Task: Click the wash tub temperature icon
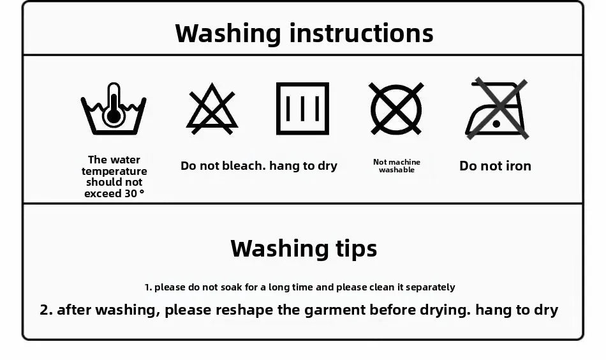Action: pyautogui.click(x=114, y=116)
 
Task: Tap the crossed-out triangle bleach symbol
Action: pyautogui.click(x=212, y=116)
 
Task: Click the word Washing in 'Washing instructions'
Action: pyautogui.click(x=228, y=34)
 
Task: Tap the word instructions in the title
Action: pyautogui.click(x=361, y=33)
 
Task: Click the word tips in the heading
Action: pyautogui.click(x=357, y=249)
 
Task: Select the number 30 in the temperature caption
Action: pyautogui.click(x=131, y=193)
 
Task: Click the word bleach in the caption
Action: pyautogui.click(x=244, y=165)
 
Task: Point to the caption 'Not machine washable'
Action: pyautogui.click(x=397, y=166)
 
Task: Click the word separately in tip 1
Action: pyautogui.click(x=430, y=288)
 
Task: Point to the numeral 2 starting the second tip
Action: pyautogui.click(x=44, y=310)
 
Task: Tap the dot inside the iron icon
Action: pyautogui.click(x=497, y=124)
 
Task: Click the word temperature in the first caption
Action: pyautogui.click(x=114, y=171)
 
